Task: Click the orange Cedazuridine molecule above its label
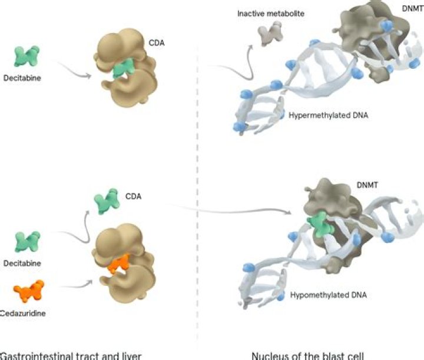point(29,291)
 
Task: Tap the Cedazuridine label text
point(22,314)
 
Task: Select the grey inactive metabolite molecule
point(270,33)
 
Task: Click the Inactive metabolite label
point(271,14)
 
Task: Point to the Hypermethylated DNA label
point(328,115)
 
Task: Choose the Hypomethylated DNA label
point(328,295)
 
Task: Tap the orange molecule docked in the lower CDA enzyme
point(119,264)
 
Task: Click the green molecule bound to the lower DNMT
point(320,224)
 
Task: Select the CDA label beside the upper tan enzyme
point(157,43)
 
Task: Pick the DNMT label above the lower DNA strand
point(367,185)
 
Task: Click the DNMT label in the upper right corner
point(413,9)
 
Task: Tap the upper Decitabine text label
point(22,78)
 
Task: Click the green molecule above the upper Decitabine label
point(26,56)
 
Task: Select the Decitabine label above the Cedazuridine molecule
point(22,264)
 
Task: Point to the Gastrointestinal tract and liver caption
point(71,356)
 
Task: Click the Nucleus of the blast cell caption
point(308,356)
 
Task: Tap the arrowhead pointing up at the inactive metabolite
point(251,47)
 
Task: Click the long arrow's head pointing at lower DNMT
point(289,212)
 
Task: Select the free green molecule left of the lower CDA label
point(107,201)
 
